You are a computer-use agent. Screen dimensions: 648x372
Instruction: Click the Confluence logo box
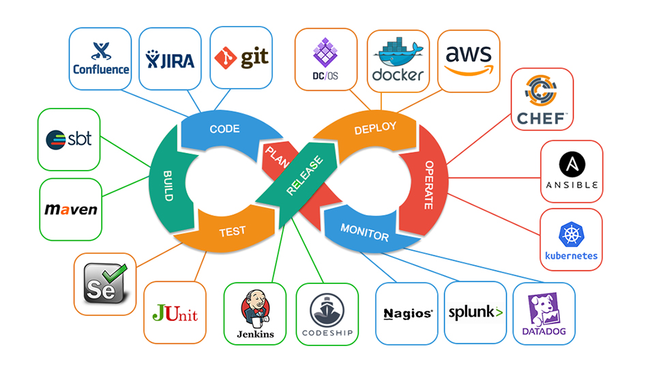100,59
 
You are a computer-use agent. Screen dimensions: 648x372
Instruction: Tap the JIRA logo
170,60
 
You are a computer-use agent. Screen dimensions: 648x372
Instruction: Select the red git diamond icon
225,58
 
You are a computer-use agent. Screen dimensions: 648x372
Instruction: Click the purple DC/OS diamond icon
325,53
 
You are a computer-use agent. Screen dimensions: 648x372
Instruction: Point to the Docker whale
398,52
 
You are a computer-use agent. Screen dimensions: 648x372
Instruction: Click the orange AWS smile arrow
469,71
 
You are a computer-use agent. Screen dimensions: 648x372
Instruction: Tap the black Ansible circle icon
572,164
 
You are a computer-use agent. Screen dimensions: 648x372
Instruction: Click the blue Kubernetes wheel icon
571,234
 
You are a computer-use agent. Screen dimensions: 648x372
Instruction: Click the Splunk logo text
475,313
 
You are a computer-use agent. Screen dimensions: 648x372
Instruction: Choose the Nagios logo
408,314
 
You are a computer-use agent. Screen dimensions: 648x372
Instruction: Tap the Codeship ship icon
327,310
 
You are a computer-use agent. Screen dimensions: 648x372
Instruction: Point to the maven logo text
71,209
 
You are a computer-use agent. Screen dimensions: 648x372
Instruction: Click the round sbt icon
56,140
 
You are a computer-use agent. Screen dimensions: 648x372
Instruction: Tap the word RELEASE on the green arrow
305,175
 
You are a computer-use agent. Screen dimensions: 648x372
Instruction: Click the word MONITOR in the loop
364,232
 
